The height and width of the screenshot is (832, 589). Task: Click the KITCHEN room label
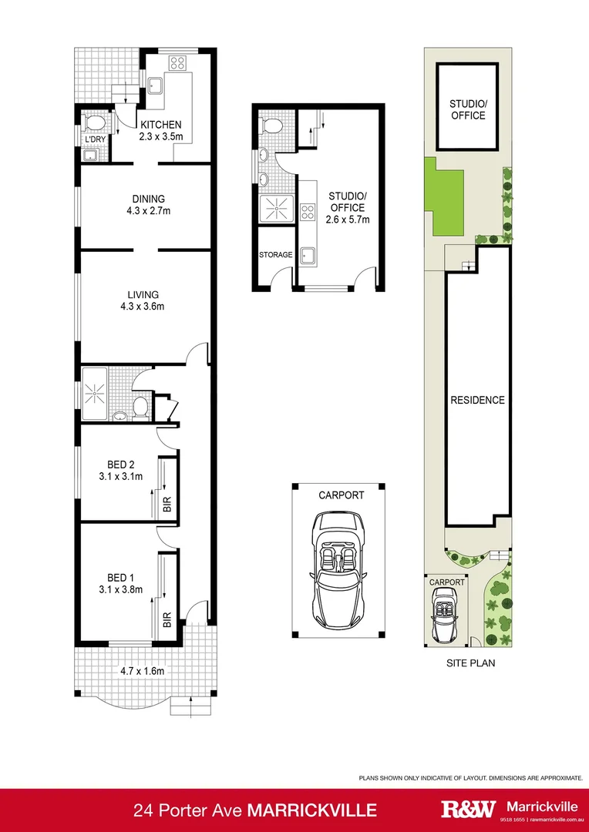click(160, 125)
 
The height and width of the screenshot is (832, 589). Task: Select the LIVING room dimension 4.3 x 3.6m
click(143, 307)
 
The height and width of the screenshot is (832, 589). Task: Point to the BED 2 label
click(121, 464)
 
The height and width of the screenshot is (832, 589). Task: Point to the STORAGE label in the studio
click(275, 255)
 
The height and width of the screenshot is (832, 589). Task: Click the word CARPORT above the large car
click(341, 495)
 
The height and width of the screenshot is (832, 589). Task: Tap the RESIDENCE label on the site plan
click(478, 400)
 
